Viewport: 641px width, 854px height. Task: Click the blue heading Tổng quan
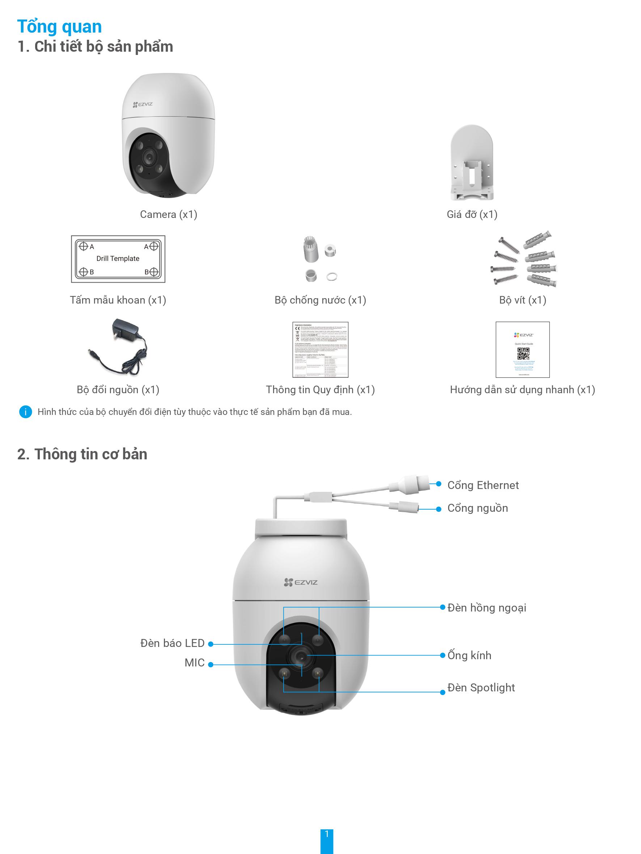click(x=59, y=27)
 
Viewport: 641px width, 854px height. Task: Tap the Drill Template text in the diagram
click(x=118, y=259)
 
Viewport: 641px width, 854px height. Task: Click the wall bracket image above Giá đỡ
click(x=472, y=163)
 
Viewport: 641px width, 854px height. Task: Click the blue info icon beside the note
click(x=25, y=412)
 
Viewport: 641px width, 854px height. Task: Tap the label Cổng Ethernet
click(x=483, y=485)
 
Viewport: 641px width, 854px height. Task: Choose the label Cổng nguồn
click(x=477, y=508)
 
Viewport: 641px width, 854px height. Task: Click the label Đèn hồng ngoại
click(x=487, y=608)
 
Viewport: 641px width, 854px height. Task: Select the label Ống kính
click(x=469, y=655)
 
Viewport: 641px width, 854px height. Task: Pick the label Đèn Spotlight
click(x=481, y=688)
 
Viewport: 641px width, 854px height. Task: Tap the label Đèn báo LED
click(x=172, y=643)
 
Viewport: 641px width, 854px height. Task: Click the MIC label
click(x=194, y=663)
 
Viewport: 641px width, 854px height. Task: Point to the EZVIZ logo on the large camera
click(x=301, y=582)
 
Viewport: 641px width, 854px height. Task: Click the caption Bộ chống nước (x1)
click(x=320, y=300)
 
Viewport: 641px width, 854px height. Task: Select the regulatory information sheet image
click(x=320, y=350)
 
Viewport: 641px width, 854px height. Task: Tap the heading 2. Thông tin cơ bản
click(x=82, y=454)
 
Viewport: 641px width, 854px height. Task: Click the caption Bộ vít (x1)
click(x=522, y=300)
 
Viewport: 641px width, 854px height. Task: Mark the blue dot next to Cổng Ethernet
click(x=438, y=484)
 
